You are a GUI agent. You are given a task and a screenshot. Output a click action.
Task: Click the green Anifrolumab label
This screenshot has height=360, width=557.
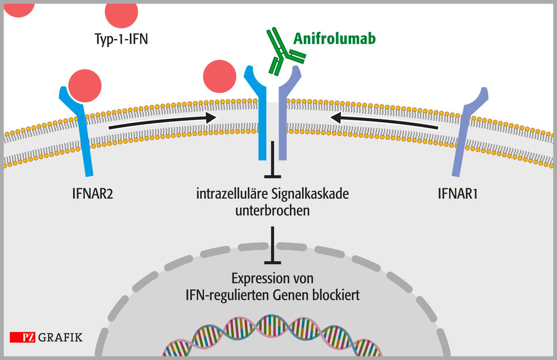[x=334, y=38]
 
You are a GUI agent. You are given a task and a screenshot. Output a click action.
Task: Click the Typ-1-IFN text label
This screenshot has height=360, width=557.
[x=121, y=38]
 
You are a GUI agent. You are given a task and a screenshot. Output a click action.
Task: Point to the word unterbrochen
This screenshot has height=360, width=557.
[x=273, y=211]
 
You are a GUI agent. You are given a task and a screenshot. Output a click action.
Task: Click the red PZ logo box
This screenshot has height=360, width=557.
[x=23, y=338]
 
